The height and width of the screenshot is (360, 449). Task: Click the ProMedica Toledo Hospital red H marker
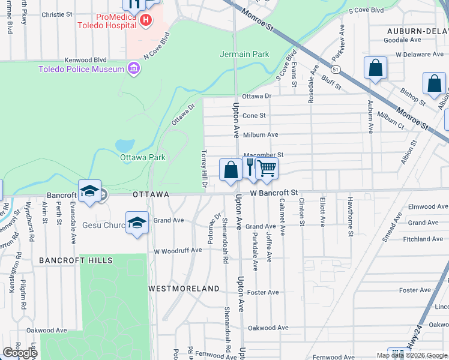click(x=145, y=20)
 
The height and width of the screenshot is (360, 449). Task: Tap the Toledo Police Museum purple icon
click(x=133, y=70)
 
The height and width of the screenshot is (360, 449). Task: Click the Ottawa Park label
click(x=143, y=158)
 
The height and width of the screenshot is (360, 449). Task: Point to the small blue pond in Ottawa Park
click(x=124, y=145)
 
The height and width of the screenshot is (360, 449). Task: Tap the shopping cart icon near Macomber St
click(x=267, y=169)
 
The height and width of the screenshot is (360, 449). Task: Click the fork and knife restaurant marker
click(x=250, y=167)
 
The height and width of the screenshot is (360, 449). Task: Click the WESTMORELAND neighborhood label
click(x=184, y=289)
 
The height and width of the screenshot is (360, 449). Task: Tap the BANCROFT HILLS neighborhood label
click(x=76, y=260)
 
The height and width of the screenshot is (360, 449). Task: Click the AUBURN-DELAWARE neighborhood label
click(x=417, y=31)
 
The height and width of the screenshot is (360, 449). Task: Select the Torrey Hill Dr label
click(x=204, y=169)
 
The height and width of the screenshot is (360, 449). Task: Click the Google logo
click(x=20, y=353)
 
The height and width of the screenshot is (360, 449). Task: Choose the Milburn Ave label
click(x=260, y=135)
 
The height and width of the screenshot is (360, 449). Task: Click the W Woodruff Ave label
click(x=178, y=251)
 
